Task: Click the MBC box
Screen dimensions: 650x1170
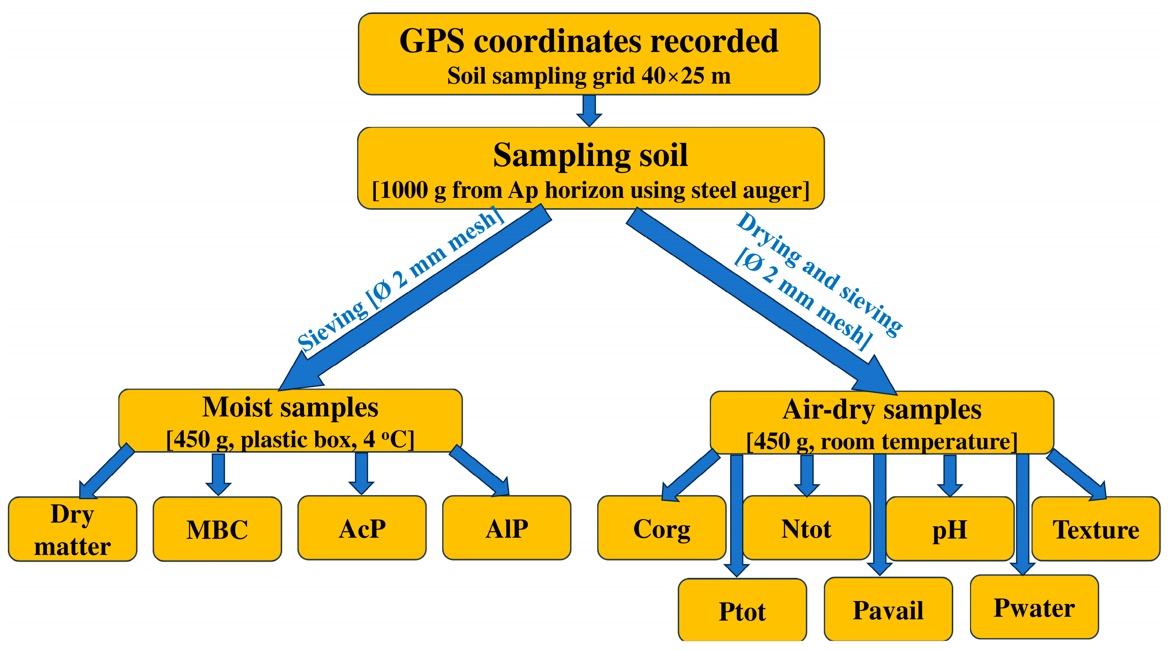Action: (x=217, y=529)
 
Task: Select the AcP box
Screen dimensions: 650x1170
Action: (x=362, y=528)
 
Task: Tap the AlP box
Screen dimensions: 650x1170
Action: (x=506, y=528)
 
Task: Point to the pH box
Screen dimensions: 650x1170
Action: (x=950, y=529)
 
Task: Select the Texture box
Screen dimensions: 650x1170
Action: (x=1095, y=529)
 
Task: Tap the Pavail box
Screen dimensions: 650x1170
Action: (x=888, y=610)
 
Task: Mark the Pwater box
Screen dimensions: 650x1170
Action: (x=1034, y=607)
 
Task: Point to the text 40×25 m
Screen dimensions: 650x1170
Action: (x=686, y=75)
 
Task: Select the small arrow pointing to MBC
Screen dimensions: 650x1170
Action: (x=219, y=475)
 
